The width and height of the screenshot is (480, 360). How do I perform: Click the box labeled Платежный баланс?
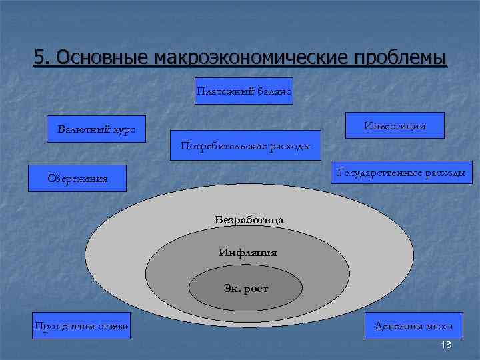click(x=243, y=91)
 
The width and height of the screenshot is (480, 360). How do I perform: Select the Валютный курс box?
click(x=96, y=129)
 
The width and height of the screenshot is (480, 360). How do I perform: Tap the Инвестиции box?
click(x=395, y=125)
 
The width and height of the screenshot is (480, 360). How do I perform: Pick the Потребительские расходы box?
click(x=241, y=146)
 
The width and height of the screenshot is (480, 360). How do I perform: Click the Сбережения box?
click(x=77, y=178)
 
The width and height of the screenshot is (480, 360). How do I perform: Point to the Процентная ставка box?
click(x=82, y=325)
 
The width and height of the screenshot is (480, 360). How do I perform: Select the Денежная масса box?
click(x=413, y=325)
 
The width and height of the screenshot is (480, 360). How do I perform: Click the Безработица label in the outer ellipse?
click(x=249, y=219)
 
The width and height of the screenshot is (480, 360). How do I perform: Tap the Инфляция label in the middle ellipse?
click(x=247, y=253)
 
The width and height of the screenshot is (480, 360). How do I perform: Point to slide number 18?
click(x=447, y=344)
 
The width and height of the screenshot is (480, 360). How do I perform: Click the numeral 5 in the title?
click(x=40, y=59)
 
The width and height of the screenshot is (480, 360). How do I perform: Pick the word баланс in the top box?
click(x=273, y=91)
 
